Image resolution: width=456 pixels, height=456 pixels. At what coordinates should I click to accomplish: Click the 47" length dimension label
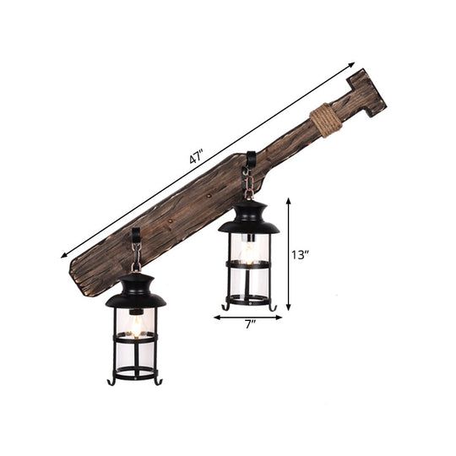click(197, 156)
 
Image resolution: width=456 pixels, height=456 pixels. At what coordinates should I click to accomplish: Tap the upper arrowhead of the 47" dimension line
click(351, 64)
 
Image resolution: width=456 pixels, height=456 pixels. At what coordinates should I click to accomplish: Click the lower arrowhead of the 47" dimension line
click(63, 255)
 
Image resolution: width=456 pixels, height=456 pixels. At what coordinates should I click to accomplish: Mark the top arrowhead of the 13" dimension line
click(290, 201)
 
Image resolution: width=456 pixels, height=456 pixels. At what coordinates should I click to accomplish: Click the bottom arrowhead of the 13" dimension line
click(290, 310)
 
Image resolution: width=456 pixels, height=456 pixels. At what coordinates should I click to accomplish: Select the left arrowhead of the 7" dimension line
click(215, 318)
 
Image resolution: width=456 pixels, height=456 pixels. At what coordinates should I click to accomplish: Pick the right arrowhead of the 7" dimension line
click(280, 318)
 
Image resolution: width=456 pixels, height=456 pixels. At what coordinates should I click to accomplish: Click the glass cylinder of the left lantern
click(135, 338)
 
